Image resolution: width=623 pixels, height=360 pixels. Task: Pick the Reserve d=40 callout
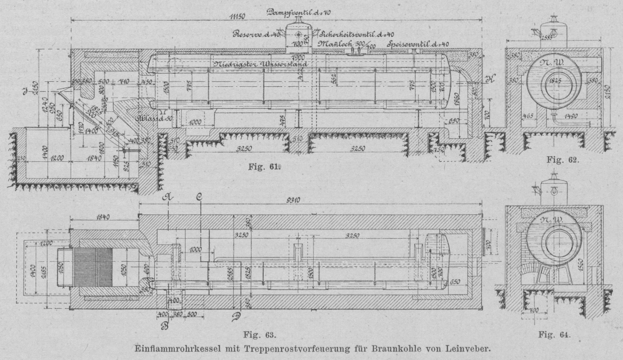point(256,35)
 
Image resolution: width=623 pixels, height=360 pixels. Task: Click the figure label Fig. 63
point(272,336)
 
